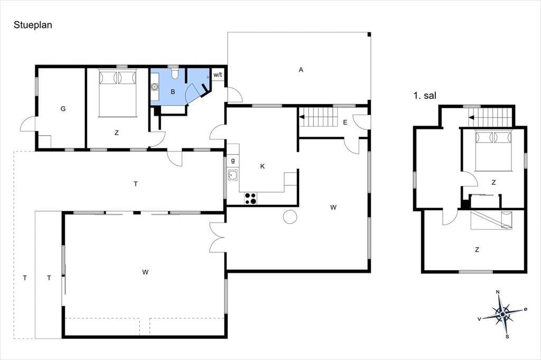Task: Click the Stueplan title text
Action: [33, 25]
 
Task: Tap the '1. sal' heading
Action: [425, 95]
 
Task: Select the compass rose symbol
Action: [503, 314]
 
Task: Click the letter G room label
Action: [63, 109]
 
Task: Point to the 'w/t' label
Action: [218, 74]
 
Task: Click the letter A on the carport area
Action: [301, 70]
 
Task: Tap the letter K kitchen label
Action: [262, 167]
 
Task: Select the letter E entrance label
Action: [345, 122]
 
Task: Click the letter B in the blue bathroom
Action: [173, 92]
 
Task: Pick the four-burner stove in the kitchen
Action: [250, 198]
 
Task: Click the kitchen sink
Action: [233, 175]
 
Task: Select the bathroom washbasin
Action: [155, 87]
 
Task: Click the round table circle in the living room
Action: [290, 216]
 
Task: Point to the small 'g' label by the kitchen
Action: [233, 160]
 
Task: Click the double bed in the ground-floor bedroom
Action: [118, 93]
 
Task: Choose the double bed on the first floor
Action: [493, 150]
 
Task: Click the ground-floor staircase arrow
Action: [302, 117]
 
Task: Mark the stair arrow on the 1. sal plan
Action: [471, 118]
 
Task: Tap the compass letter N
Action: [498, 292]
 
